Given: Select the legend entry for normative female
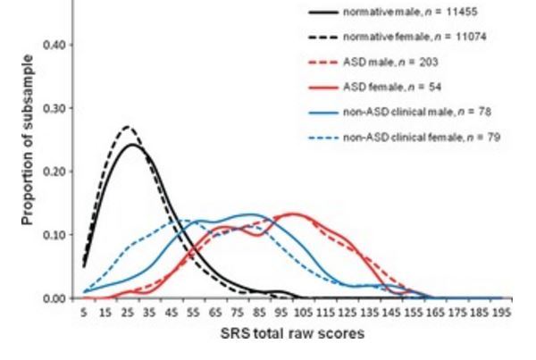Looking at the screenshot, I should coord(394,38).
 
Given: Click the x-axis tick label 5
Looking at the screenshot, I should coord(83,313).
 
